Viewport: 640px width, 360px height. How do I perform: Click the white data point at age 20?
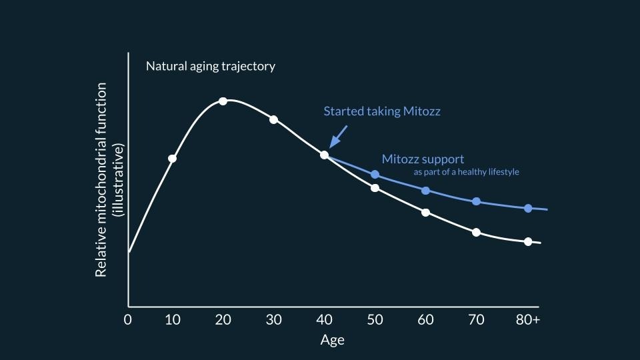coord(223,101)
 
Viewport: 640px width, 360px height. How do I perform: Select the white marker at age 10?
coord(173,159)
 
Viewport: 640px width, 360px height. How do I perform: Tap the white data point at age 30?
coord(273,119)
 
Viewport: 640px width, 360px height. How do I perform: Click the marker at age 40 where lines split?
coord(324,155)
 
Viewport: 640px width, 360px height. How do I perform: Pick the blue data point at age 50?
coord(375,174)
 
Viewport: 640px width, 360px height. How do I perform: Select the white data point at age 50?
coord(375,188)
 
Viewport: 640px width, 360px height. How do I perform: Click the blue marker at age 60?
coord(425,190)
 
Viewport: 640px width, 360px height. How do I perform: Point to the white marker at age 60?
coord(425,213)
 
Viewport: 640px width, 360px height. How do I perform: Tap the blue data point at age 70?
coord(476,201)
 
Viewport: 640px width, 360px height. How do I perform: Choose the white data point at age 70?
coord(476,232)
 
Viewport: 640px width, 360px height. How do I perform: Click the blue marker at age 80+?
coord(527,208)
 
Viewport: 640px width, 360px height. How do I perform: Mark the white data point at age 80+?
coord(527,241)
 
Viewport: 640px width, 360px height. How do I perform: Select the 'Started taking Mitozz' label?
coord(381,111)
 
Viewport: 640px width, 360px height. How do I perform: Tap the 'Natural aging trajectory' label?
coord(211,67)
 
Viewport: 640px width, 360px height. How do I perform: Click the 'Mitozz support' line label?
coord(423,159)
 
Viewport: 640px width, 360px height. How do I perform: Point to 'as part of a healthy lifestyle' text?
coord(466,172)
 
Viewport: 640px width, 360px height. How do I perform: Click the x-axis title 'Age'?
coord(332,340)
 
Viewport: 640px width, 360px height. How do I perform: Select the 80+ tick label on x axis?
coord(527,319)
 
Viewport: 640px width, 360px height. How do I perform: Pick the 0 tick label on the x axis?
coord(128,319)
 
